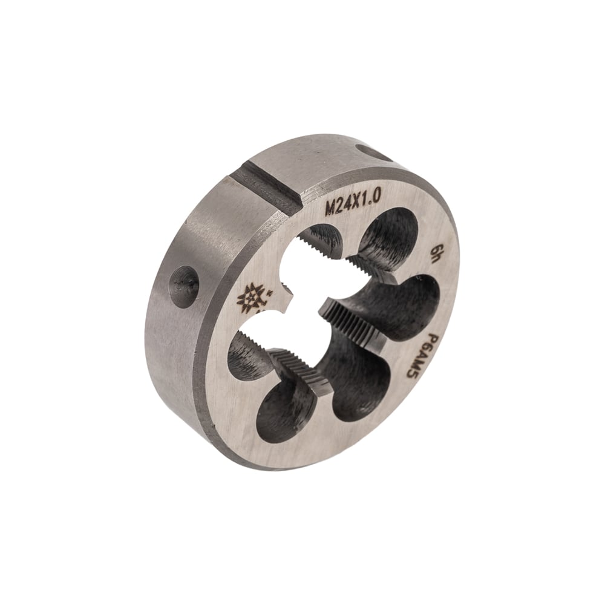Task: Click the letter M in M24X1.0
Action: click(x=331, y=209)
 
